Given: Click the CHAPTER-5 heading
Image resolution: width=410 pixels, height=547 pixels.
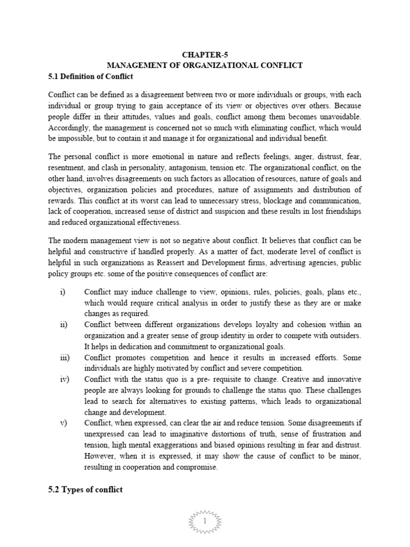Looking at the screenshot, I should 204,54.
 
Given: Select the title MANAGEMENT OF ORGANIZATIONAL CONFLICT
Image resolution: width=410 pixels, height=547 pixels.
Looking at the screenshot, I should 204,65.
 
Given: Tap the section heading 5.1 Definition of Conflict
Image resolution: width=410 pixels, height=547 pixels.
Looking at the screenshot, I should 89,76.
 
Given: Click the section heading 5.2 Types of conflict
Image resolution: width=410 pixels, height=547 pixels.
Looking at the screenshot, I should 85,489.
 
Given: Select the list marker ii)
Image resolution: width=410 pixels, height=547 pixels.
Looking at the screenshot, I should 62,325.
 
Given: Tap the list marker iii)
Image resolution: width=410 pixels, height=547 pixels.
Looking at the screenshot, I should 64,358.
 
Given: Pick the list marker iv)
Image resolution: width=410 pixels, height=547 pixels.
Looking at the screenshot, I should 63,379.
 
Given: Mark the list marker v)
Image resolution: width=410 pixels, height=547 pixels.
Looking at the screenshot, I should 62,423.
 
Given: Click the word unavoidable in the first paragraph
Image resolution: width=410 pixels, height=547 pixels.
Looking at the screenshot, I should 338,116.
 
